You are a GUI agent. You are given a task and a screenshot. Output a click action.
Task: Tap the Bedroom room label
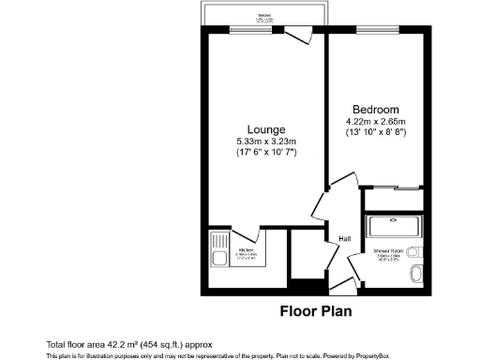pos(375,108)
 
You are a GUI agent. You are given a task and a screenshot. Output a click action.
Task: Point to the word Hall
pos(344,240)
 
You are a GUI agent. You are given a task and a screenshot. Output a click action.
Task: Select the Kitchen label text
pos(247,250)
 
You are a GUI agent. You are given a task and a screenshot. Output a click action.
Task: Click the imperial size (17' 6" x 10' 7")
pos(266,154)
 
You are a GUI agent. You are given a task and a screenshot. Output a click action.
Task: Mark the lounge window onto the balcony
pos(247,28)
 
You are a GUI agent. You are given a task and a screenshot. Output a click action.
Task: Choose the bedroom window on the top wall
pos(375,28)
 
